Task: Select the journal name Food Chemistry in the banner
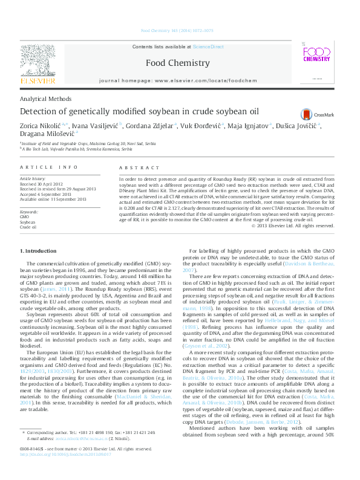(178, 63)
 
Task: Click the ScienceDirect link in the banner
(209, 47)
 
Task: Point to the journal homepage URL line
(178, 80)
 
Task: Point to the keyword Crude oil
(28, 228)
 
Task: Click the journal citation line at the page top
(177, 30)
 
